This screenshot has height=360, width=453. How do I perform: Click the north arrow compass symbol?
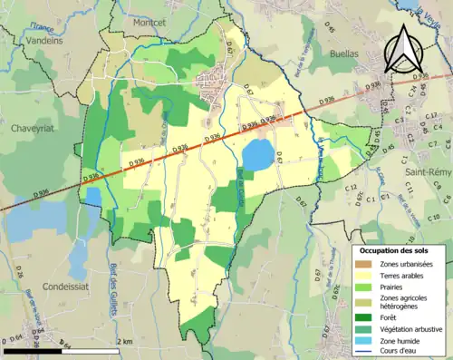pos(402,49)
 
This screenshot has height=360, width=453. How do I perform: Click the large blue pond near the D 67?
pos(256,154)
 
